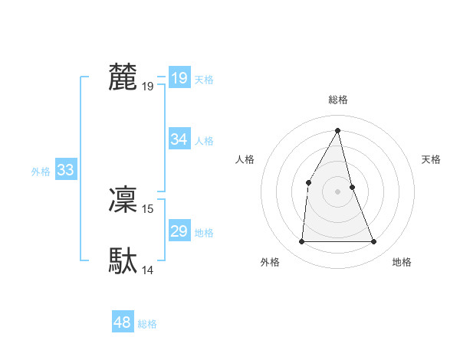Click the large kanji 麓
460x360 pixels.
tap(123, 77)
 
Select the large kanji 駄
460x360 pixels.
tap(123, 261)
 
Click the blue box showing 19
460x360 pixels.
tap(179, 78)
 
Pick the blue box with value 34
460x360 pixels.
tap(179, 139)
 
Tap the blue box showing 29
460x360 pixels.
tap(179, 231)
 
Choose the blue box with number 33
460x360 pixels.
tap(65, 170)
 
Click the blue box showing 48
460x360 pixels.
tap(122, 322)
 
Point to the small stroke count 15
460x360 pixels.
tap(148, 208)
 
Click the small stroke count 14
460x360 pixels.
tap(148, 270)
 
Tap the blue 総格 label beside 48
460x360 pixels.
tap(147, 324)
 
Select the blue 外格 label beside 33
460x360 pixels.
tap(41, 172)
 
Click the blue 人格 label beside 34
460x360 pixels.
tap(204, 141)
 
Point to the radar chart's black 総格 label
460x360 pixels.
tap(337, 100)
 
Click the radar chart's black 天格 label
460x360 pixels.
tap(431, 159)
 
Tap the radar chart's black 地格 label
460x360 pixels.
tap(402, 262)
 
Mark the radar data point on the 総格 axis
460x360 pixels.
tap(337, 129)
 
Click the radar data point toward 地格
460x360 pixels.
tap(373, 241)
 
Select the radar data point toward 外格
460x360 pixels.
tap(301, 241)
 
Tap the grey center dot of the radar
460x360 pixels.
tap(337, 191)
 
